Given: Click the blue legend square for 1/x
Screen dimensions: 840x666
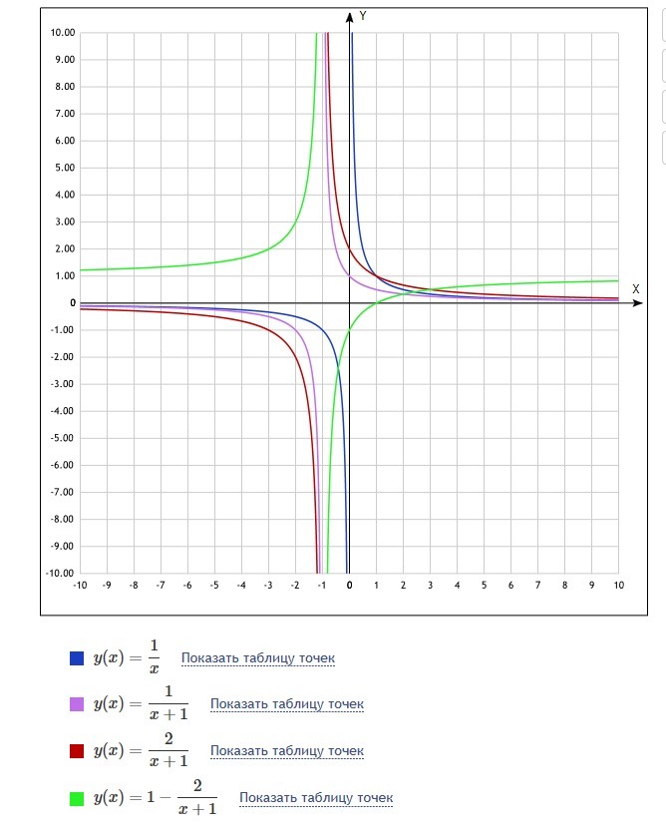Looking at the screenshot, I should point(77,657).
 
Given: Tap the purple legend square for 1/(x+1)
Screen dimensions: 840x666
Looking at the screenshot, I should point(77,704).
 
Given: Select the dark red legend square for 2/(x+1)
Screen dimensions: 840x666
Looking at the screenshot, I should point(77,751).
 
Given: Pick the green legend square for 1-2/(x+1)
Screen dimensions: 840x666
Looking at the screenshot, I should point(77,798).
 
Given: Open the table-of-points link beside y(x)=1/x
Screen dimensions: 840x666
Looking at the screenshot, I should point(258,658).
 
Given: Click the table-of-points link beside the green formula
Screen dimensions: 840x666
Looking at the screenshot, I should point(316,798).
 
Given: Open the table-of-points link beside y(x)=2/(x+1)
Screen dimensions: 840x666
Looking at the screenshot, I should point(287,751).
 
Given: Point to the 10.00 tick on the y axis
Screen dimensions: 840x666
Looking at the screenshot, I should point(62,33).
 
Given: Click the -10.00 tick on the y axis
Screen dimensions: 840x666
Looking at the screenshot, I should point(60,573).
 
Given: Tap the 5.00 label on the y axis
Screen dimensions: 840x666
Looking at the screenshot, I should point(64,168).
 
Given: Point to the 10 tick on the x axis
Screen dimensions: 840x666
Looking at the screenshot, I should point(618,585).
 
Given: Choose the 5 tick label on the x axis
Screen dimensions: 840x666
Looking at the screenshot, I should point(484,585).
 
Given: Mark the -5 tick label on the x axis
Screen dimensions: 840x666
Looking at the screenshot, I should point(213,585).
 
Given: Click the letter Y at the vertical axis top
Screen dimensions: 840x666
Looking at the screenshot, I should point(364,16).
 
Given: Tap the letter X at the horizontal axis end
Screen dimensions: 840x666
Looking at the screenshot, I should point(635,288).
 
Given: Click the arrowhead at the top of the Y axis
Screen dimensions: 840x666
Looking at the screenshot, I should point(350,16).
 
